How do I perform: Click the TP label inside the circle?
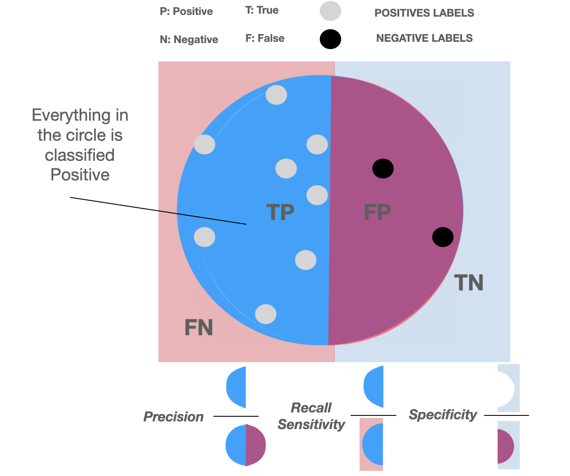(x=280, y=212)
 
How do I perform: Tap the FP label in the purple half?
(x=377, y=212)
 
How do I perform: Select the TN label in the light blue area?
(x=469, y=283)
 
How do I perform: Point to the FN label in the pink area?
(x=199, y=328)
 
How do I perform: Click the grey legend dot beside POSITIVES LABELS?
(x=331, y=11)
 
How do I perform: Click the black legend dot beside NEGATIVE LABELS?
(x=331, y=39)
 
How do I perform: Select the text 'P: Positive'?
(x=186, y=12)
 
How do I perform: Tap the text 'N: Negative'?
(x=189, y=40)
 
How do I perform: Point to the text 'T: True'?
(x=262, y=10)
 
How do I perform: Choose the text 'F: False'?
(x=265, y=38)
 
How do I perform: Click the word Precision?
(x=173, y=417)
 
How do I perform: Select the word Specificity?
(x=443, y=415)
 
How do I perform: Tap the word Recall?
(x=311, y=408)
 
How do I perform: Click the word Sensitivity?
(x=311, y=425)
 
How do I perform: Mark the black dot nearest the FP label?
(x=383, y=168)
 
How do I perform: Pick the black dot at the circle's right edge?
(x=443, y=237)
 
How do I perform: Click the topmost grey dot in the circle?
(x=276, y=95)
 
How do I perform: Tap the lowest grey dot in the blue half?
(x=266, y=314)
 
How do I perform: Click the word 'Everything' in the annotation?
(x=64, y=116)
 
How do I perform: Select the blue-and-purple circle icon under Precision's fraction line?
(x=246, y=445)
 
